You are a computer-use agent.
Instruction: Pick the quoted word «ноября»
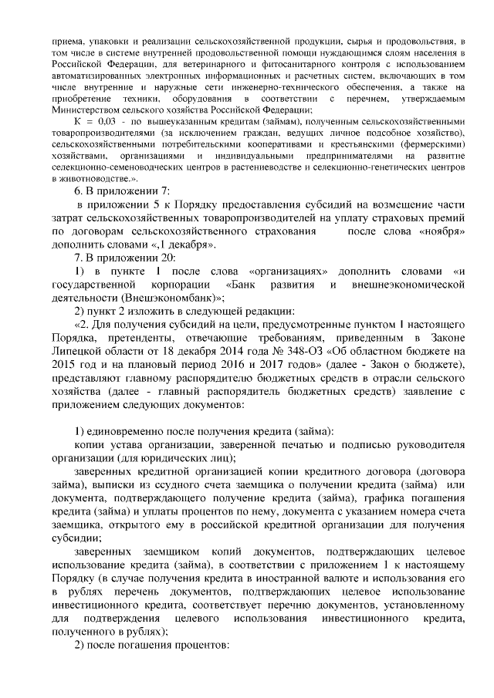click(x=442, y=231)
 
